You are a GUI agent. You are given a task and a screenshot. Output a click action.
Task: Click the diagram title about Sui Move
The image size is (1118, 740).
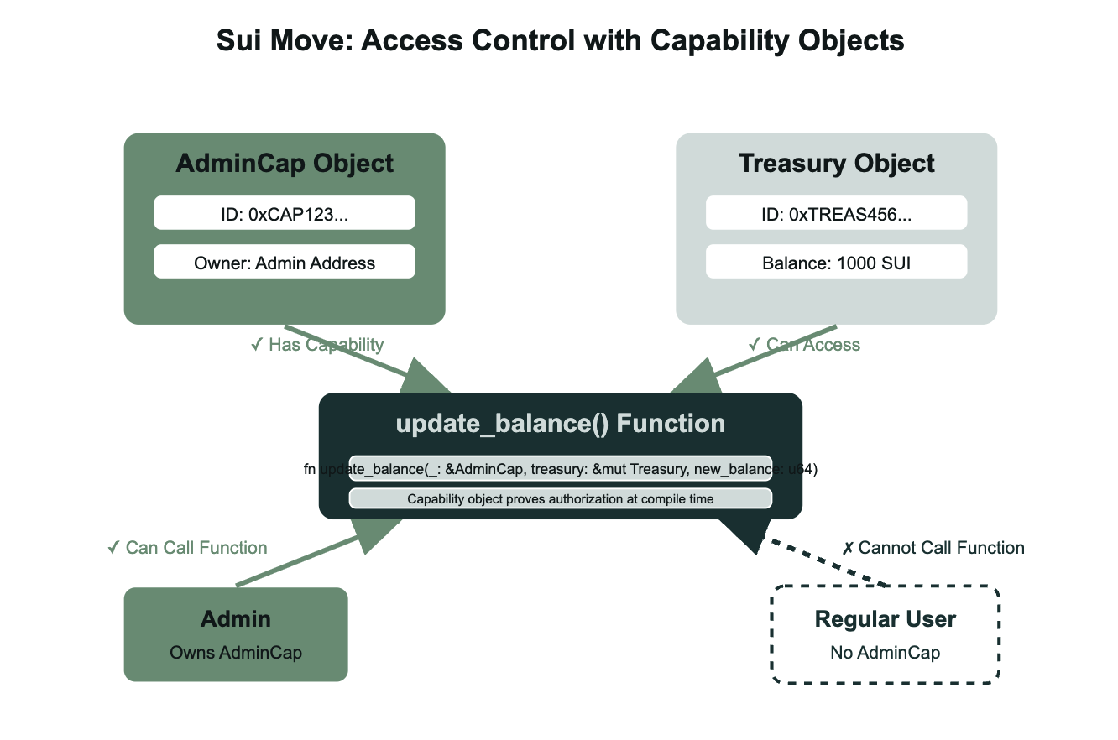560,41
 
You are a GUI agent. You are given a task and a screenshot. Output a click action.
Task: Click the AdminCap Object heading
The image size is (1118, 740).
285,163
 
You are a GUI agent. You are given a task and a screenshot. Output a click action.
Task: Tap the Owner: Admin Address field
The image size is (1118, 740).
285,262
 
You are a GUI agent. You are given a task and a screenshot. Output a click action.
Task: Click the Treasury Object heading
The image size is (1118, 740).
837,163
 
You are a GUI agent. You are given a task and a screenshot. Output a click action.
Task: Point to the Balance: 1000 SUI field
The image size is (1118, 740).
837,262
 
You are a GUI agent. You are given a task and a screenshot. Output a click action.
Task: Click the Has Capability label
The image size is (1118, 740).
317,345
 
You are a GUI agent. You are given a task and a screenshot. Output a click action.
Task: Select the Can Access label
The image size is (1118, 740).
804,345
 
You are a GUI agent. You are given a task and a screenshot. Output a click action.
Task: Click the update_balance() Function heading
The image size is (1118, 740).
560,423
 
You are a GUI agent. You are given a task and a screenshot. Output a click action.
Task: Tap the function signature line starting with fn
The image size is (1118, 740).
560,470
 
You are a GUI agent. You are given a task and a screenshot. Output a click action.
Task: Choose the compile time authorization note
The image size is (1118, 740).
560,498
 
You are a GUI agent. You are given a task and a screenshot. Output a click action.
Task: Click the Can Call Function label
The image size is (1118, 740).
187,548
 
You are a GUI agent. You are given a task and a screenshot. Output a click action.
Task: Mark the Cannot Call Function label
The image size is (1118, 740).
933,548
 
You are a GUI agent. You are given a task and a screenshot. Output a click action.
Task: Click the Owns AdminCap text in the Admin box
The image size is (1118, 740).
236,652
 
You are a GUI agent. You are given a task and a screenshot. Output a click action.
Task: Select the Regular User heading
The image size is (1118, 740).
886,619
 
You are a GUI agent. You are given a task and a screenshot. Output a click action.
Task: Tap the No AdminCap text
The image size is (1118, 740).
886,652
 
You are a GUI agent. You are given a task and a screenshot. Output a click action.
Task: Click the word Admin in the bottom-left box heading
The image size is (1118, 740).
236,619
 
